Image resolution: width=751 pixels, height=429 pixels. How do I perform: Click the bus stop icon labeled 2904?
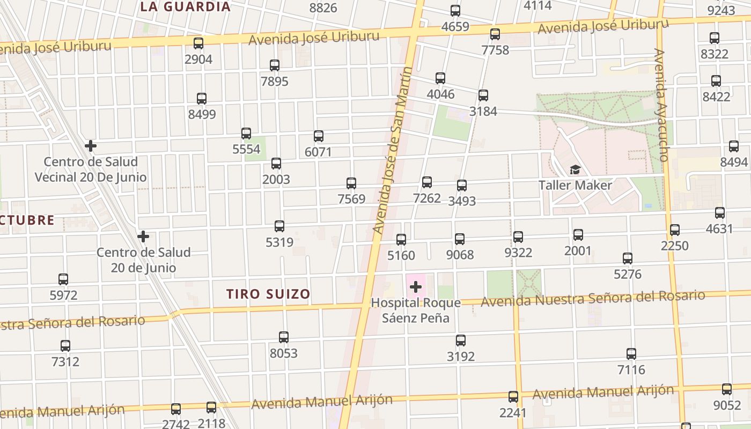tap(198, 43)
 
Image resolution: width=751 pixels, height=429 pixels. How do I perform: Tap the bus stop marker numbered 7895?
tap(275, 65)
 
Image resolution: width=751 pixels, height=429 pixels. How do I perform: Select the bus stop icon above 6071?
tap(319, 136)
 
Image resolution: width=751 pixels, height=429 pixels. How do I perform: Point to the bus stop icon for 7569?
tap(351, 183)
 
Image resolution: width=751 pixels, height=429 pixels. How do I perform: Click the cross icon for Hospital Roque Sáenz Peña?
tap(416, 287)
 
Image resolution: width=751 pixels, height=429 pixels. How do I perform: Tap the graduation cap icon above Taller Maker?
tap(575, 170)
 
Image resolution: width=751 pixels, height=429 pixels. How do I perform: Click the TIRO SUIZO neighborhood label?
tap(268, 294)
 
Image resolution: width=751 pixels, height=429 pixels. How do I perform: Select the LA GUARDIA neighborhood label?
tap(186, 7)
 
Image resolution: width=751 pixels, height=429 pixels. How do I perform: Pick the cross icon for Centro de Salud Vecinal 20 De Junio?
tap(91, 145)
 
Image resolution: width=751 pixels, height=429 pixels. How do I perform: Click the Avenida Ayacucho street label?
tap(661, 105)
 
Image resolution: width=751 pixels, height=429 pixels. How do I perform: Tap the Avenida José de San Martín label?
tap(394, 150)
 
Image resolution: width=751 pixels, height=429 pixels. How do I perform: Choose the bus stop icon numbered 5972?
tap(63, 279)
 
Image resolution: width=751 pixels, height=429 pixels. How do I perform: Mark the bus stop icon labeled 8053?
tap(284, 337)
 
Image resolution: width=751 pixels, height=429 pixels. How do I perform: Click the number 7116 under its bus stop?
tap(631, 369)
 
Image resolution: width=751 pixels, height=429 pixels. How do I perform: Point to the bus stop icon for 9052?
tap(727, 389)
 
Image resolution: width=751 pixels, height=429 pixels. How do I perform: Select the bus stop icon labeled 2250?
tap(675, 230)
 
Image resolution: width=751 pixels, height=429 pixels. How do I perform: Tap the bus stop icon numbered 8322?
tap(715, 38)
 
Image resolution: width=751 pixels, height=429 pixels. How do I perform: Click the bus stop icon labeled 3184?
tap(483, 95)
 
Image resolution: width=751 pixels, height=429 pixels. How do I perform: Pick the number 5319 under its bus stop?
tap(279, 242)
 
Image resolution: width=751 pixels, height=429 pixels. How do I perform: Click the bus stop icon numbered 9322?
tap(518, 237)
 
